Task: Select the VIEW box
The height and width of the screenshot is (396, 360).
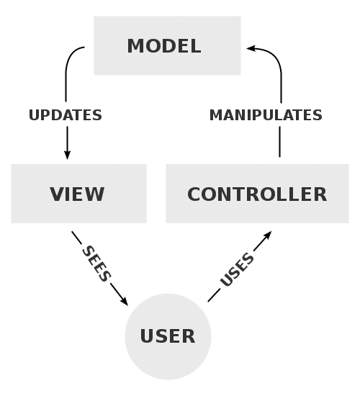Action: [x=78, y=193]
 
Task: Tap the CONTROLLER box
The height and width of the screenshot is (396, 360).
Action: [x=257, y=193]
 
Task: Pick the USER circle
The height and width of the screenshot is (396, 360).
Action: [x=168, y=336]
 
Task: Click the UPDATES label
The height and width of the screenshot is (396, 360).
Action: [x=66, y=115]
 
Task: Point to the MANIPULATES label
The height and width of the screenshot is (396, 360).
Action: [x=266, y=115]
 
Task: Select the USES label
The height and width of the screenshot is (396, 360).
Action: [x=237, y=270]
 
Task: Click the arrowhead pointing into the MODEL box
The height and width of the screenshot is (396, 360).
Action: [x=251, y=48]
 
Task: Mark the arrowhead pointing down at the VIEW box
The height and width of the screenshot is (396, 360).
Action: [x=68, y=154]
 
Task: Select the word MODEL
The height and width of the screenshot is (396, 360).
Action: [x=163, y=47]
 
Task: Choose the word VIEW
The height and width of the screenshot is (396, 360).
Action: [x=77, y=194]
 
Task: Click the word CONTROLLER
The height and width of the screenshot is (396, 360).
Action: [x=257, y=194]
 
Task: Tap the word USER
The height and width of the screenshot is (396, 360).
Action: [x=167, y=336]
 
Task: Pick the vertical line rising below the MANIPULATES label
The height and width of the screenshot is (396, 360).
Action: [x=279, y=140]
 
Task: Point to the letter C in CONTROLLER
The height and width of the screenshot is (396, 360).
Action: [x=194, y=194]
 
